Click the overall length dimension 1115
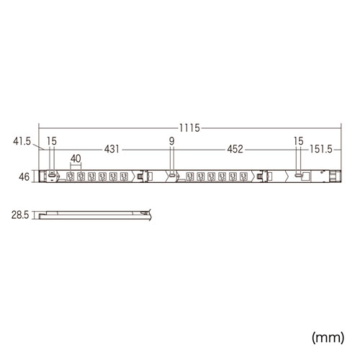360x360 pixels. [x=189, y=128]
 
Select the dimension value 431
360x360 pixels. [x=112, y=149]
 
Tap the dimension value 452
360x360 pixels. [x=235, y=149]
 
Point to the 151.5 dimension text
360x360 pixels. [x=321, y=149]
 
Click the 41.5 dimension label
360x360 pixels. [x=22, y=141]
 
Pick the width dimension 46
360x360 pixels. [x=24, y=177]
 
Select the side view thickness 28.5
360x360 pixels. [x=20, y=215]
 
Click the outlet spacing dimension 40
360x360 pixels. [x=76, y=158]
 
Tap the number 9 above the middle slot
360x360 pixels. [x=171, y=141]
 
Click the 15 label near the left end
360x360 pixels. [x=52, y=141]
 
